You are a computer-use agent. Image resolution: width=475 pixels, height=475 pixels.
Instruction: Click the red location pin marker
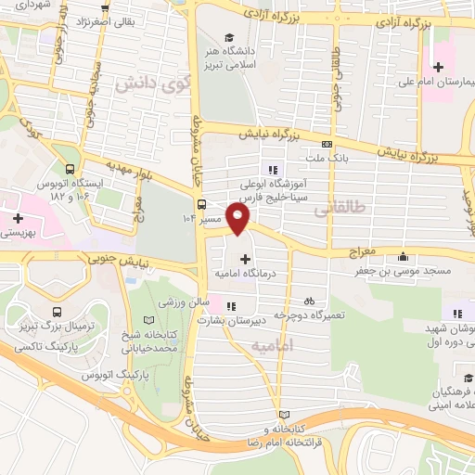(x=239, y=219)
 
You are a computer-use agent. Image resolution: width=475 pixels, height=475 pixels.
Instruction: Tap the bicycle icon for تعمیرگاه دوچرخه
(x=309, y=301)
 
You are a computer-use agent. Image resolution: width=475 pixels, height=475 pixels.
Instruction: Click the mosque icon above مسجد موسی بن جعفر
(x=402, y=257)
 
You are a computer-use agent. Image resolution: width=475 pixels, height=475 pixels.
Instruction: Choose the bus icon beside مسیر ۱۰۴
(x=201, y=205)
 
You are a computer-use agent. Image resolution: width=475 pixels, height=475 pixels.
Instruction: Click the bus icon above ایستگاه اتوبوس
(x=71, y=170)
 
